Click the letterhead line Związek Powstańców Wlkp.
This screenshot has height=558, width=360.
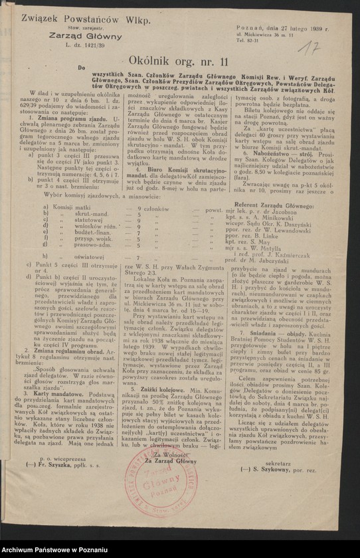pyautogui.click(x=82, y=19)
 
